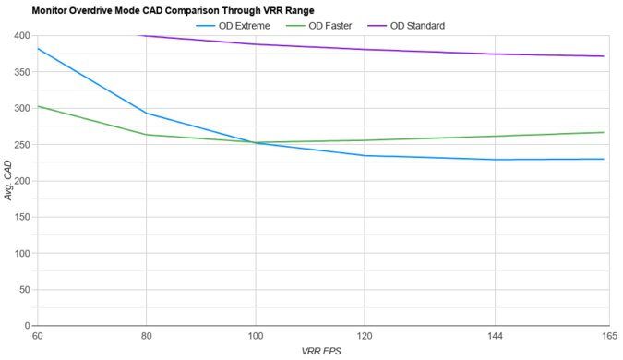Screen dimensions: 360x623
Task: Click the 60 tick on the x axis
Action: [x=37, y=337]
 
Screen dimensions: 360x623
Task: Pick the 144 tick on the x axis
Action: [x=495, y=337]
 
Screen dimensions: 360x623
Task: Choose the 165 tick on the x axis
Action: [x=609, y=337]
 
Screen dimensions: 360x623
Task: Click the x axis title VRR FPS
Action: [x=323, y=352]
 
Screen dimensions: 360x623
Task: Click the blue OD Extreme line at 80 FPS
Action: [x=147, y=114]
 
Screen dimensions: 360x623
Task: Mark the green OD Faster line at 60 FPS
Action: [x=38, y=106]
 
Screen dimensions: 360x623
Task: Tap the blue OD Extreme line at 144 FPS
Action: [x=495, y=160]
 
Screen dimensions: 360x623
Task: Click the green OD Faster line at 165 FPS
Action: [x=604, y=132]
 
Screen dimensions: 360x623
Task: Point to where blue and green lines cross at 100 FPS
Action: [x=257, y=142]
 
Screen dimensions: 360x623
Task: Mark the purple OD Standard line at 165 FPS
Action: [x=604, y=56]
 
